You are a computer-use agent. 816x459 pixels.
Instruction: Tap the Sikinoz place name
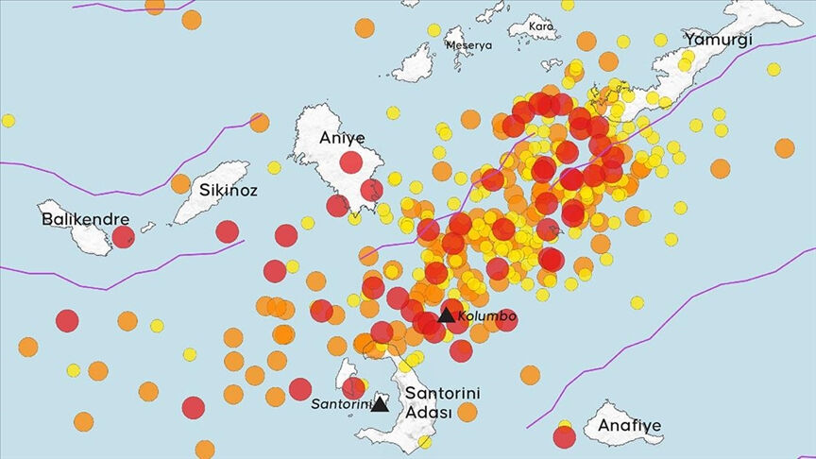227,189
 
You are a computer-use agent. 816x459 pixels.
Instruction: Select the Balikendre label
85,219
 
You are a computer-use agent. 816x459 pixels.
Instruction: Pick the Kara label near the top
541,26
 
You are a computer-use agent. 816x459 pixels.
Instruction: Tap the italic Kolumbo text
486,316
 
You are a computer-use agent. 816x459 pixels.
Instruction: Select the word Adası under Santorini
427,413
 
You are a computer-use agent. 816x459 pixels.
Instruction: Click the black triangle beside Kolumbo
446,315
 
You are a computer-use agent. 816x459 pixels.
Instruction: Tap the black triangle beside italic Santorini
380,405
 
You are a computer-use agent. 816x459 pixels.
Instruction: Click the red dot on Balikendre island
123,236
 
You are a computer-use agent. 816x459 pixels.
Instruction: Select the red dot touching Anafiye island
564,436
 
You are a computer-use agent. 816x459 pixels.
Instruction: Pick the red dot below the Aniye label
351,162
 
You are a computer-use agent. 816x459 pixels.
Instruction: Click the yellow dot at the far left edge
8,120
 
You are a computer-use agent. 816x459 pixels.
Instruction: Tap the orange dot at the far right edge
784,147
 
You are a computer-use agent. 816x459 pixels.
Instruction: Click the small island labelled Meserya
416,63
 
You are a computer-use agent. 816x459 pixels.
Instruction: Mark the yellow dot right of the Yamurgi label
773,69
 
